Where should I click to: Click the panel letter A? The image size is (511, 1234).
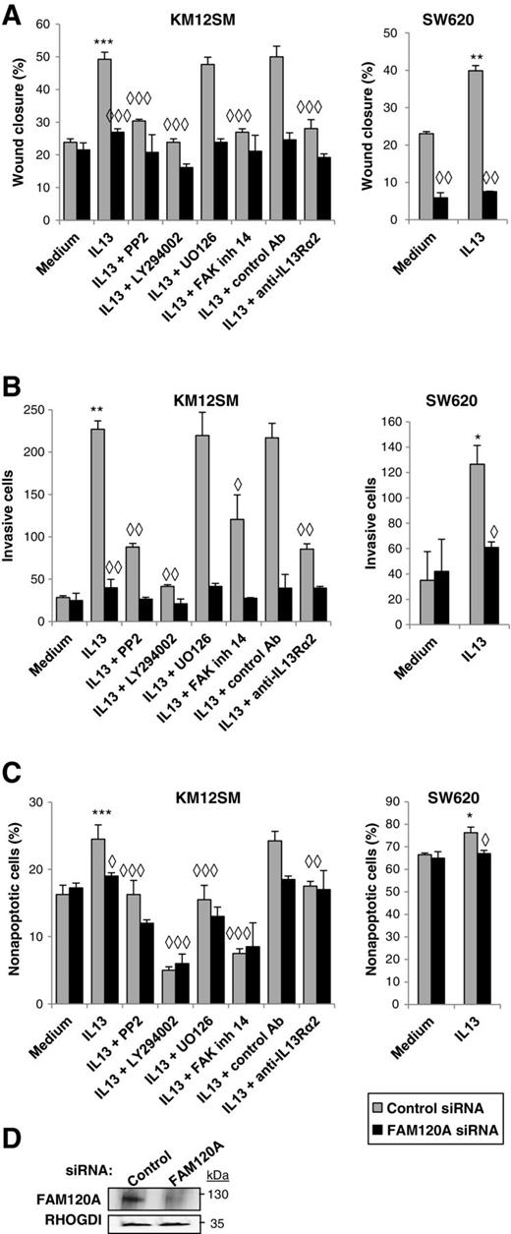[x=13, y=12]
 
